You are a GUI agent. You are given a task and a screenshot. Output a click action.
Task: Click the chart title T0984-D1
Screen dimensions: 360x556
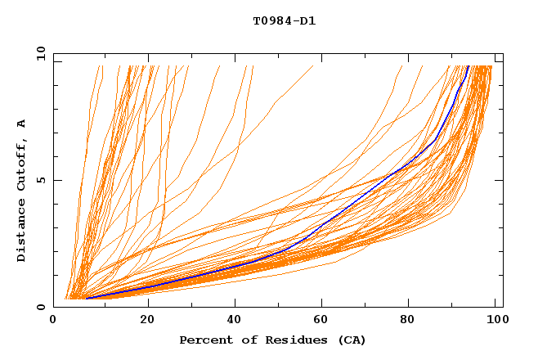click(284, 20)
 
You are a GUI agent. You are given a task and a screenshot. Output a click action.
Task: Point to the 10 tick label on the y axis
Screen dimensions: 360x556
click(41, 53)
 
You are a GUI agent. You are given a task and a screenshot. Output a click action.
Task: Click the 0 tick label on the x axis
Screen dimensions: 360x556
click(54, 320)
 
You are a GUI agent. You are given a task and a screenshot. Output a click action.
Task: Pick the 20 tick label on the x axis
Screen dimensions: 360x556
click(147, 320)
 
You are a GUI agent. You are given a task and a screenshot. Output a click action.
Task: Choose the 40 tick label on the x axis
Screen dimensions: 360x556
click(235, 320)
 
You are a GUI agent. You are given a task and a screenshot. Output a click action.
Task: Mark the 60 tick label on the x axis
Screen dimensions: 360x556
click(323, 320)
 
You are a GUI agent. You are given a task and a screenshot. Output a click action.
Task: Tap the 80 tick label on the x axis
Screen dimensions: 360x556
click(411, 320)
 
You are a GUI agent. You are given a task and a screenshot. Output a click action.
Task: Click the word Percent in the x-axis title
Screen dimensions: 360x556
click(204, 340)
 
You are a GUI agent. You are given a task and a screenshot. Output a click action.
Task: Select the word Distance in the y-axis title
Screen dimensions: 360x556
click(21, 232)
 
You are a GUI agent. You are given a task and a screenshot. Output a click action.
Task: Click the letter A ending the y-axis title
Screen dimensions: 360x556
click(21, 124)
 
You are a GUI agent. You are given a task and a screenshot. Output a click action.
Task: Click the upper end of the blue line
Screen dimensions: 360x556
click(468, 66)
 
